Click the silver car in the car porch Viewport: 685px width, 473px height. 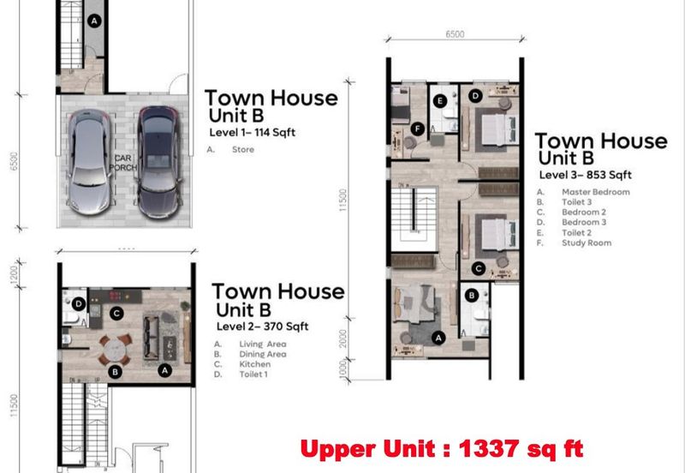click(x=91, y=164)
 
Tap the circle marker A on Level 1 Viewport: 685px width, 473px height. click(x=94, y=19)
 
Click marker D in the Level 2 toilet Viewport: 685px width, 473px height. click(x=78, y=303)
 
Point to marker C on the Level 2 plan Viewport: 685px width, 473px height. click(x=117, y=314)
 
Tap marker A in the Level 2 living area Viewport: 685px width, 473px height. click(x=164, y=369)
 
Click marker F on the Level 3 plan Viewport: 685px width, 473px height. click(x=417, y=129)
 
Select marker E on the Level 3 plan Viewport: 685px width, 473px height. click(x=440, y=101)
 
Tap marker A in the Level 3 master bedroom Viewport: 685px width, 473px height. click(x=439, y=338)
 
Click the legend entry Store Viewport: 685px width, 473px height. click(x=241, y=149)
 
